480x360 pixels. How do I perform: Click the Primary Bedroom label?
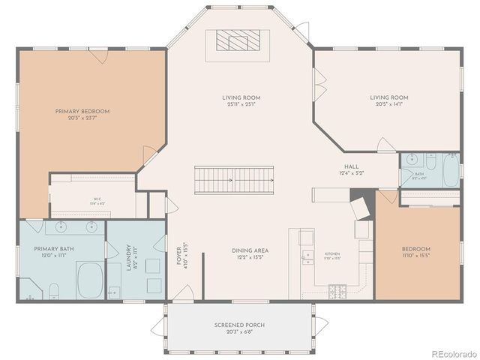click(x=82, y=112)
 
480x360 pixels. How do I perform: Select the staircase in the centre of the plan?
click(x=235, y=180)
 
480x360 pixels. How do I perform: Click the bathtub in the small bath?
click(x=450, y=170)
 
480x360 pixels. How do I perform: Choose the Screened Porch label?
click(x=238, y=325)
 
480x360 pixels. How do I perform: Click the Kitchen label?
click(x=332, y=254)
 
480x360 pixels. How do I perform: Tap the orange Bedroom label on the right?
click(x=415, y=249)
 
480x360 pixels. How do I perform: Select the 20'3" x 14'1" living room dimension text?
click(x=388, y=105)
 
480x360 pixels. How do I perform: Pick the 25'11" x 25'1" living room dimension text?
click(x=239, y=105)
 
